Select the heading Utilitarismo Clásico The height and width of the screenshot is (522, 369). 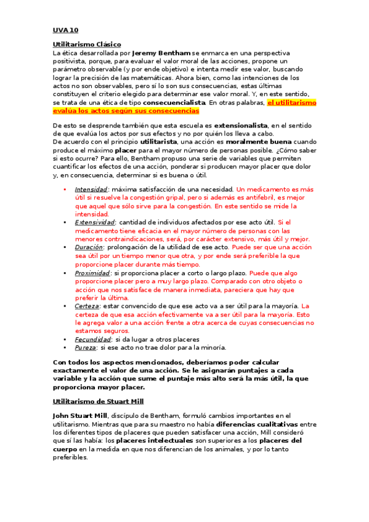(87, 45)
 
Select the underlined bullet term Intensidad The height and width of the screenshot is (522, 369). (91, 190)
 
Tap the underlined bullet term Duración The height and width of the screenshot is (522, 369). (89, 246)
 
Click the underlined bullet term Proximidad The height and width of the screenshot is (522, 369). (92, 273)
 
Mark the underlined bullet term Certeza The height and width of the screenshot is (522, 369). (86, 306)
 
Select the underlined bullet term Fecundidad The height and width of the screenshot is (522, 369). (92, 339)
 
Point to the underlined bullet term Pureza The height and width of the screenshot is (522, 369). (86, 347)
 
